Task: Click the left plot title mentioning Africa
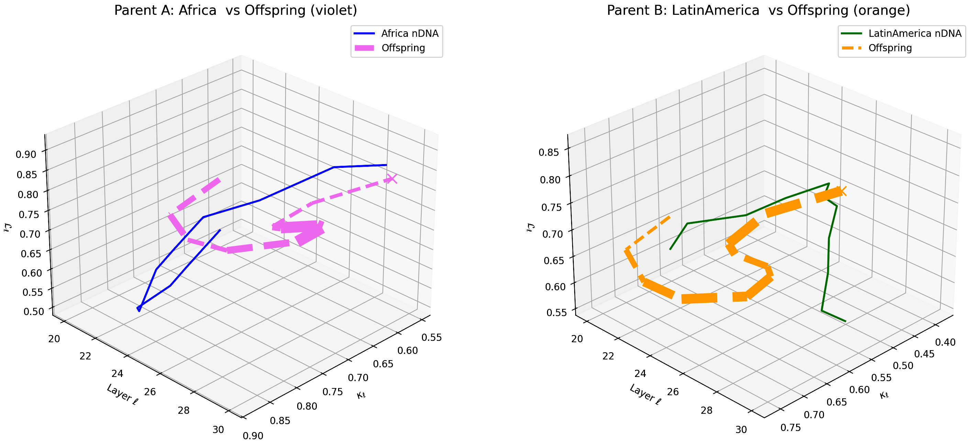[x=235, y=10]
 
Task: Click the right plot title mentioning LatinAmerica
[x=758, y=10]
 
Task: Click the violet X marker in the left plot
[x=392, y=179]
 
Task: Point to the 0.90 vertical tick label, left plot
[x=26, y=154]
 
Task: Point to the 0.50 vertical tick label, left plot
[x=34, y=311]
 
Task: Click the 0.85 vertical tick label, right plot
[x=549, y=153]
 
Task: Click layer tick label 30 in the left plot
[x=218, y=430]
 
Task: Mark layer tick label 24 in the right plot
[x=640, y=374]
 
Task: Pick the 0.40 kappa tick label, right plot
[x=945, y=342]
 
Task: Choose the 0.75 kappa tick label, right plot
[x=791, y=427]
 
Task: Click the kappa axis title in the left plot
[x=361, y=395]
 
